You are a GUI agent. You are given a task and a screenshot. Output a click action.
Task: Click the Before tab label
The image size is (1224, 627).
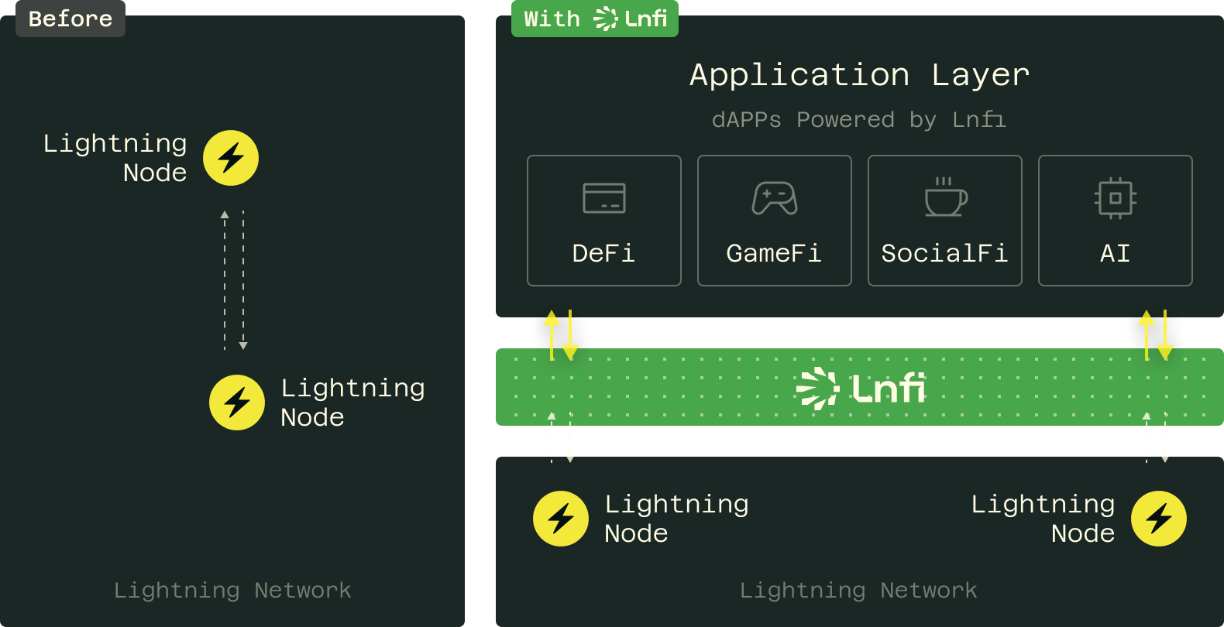click(x=70, y=19)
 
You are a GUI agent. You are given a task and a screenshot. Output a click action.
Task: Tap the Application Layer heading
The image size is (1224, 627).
click(x=859, y=75)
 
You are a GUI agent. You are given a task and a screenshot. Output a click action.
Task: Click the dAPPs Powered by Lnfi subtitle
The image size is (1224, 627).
click(x=859, y=120)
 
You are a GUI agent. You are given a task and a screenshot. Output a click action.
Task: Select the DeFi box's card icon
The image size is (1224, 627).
click(x=604, y=198)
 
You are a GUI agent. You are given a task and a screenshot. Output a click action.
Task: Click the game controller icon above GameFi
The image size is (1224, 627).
click(x=775, y=198)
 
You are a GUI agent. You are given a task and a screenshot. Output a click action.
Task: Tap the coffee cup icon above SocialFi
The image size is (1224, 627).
click(x=945, y=198)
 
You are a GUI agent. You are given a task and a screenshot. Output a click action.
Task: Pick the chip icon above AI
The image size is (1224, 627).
click(x=1116, y=198)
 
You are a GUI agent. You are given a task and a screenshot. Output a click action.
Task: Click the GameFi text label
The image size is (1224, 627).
click(x=774, y=253)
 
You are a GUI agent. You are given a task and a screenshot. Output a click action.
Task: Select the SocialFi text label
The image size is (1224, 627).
click(x=944, y=253)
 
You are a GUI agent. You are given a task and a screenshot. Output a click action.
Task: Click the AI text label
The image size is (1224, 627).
click(x=1116, y=253)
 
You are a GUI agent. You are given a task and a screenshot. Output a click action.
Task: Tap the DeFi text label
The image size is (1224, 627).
click(x=603, y=253)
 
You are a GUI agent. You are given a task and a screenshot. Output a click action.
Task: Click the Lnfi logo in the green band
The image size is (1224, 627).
click(x=860, y=388)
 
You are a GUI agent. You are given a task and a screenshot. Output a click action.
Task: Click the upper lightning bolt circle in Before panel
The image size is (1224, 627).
click(x=231, y=158)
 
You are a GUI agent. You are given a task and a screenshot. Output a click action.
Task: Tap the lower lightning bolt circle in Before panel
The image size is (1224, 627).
click(x=237, y=403)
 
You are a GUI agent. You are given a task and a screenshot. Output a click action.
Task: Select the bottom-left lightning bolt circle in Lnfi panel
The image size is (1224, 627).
click(x=561, y=519)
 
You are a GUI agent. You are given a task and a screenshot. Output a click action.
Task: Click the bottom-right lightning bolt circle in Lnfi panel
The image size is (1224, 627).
click(x=1159, y=519)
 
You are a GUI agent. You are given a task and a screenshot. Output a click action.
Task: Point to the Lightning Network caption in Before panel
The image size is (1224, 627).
click(x=232, y=591)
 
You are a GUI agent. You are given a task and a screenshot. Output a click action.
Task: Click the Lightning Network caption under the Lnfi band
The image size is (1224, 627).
click(x=858, y=591)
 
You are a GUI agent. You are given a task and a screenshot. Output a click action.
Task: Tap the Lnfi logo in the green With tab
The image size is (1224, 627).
click(x=631, y=19)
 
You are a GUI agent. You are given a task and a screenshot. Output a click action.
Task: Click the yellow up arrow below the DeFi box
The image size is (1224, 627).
click(x=552, y=333)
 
